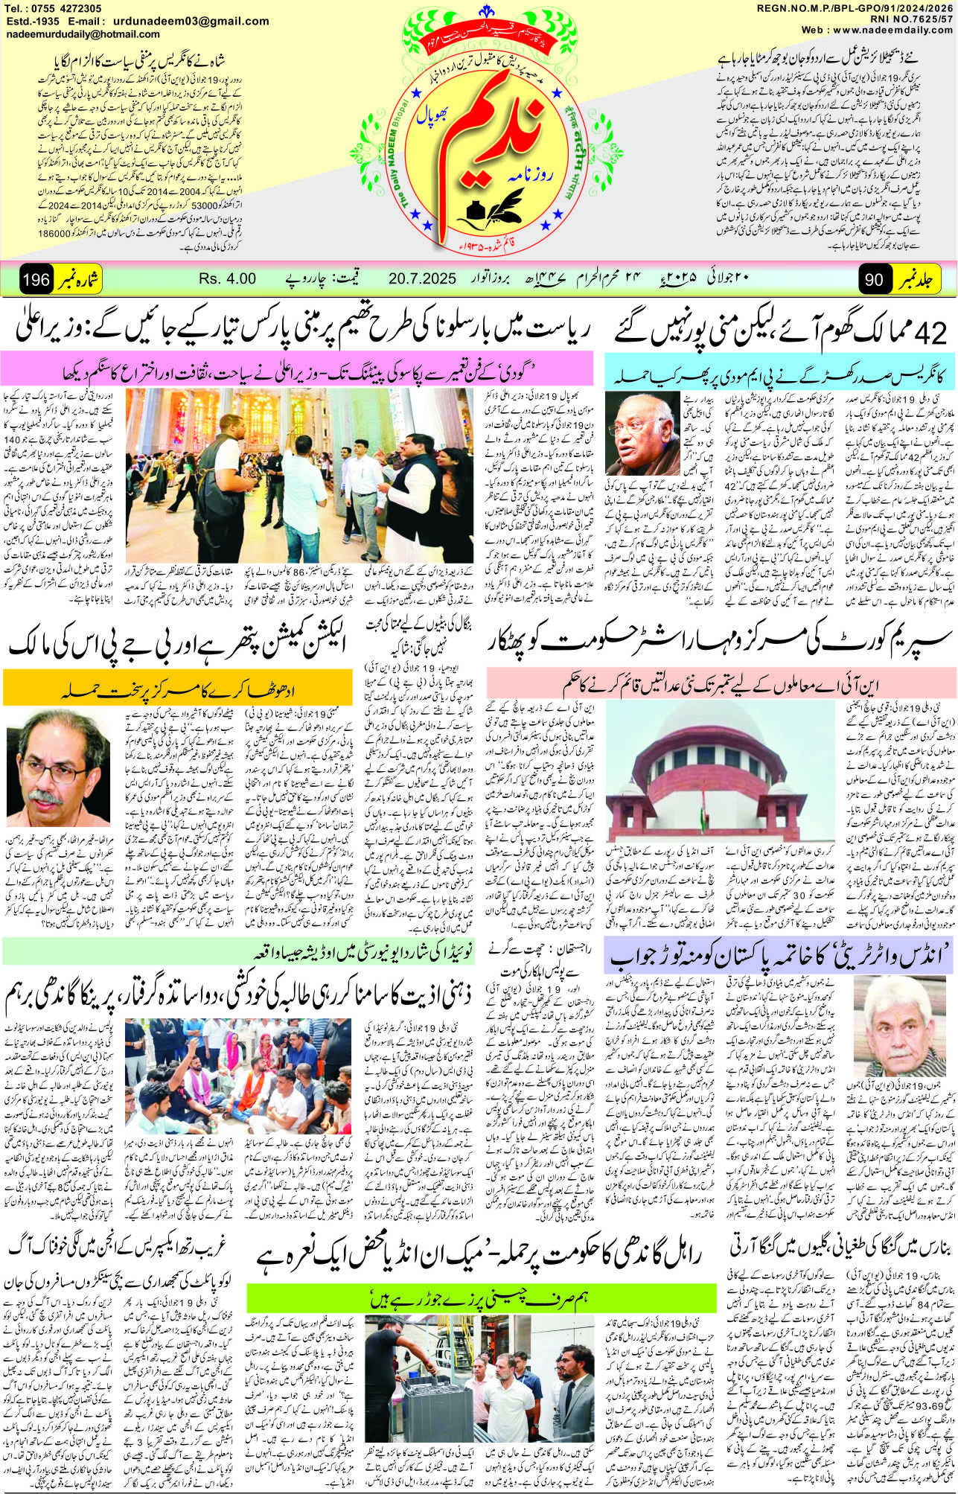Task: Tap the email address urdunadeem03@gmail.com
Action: point(197,21)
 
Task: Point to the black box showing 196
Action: point(36,281)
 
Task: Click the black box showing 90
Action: point(873,281)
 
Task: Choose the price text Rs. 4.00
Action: point(227,279)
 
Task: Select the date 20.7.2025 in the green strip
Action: point(422,279)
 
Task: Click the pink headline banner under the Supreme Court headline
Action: point(721,683)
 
